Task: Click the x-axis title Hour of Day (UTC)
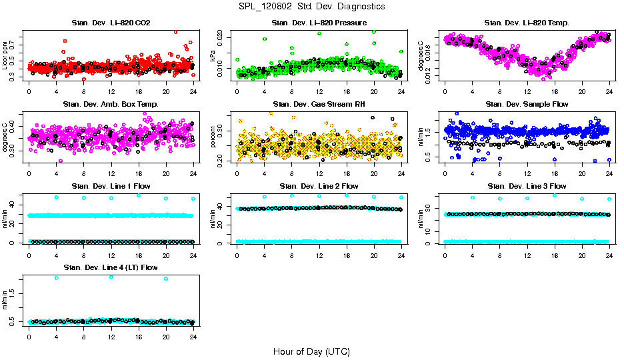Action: click(x=311, y=351)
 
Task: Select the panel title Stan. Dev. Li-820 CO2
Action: click(x=110, y=23)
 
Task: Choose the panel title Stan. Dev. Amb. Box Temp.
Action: click(x=110, y=105)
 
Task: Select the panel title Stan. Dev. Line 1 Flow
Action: click(x=110, y=186)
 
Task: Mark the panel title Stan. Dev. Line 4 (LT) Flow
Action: click(x=110, y=267)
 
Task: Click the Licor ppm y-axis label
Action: click(x=5, y=57)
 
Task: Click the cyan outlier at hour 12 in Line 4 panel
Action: click(x=111, y=277)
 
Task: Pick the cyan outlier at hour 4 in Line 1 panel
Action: click(x=57, y=197)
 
